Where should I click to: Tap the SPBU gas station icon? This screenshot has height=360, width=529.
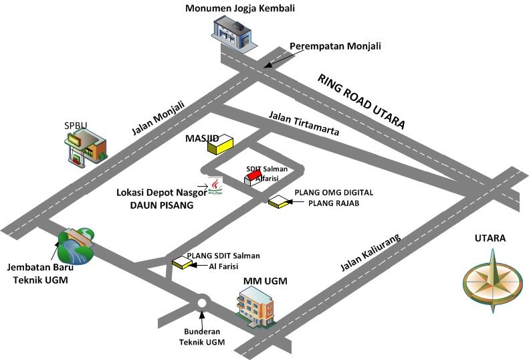point(86,148)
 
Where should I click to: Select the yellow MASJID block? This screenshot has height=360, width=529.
point(220,145)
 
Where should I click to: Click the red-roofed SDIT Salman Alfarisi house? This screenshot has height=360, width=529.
point(253,177)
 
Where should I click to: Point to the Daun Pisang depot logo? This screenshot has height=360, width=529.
point(215,186)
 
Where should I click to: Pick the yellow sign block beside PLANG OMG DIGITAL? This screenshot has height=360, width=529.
point(278,202)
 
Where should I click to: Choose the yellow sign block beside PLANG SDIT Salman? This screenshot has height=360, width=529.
point(181,262)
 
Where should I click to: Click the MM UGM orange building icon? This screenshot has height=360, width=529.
point(255,306)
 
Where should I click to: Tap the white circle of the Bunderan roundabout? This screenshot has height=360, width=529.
point(202,303)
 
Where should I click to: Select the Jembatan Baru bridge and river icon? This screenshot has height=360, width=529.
point(76,245)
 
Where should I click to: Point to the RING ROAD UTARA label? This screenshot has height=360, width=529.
point(361,101)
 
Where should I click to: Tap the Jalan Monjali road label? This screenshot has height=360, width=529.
point(158,118)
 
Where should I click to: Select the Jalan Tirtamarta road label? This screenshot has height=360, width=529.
point(304,123)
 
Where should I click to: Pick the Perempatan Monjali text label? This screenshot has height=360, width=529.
point(335,46)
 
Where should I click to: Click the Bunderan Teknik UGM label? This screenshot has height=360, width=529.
point(202,337)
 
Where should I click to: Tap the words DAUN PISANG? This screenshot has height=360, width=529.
point(162,205)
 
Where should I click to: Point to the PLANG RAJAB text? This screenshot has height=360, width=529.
point(334,203)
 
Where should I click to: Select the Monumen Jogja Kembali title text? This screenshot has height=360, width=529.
point(240,8)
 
